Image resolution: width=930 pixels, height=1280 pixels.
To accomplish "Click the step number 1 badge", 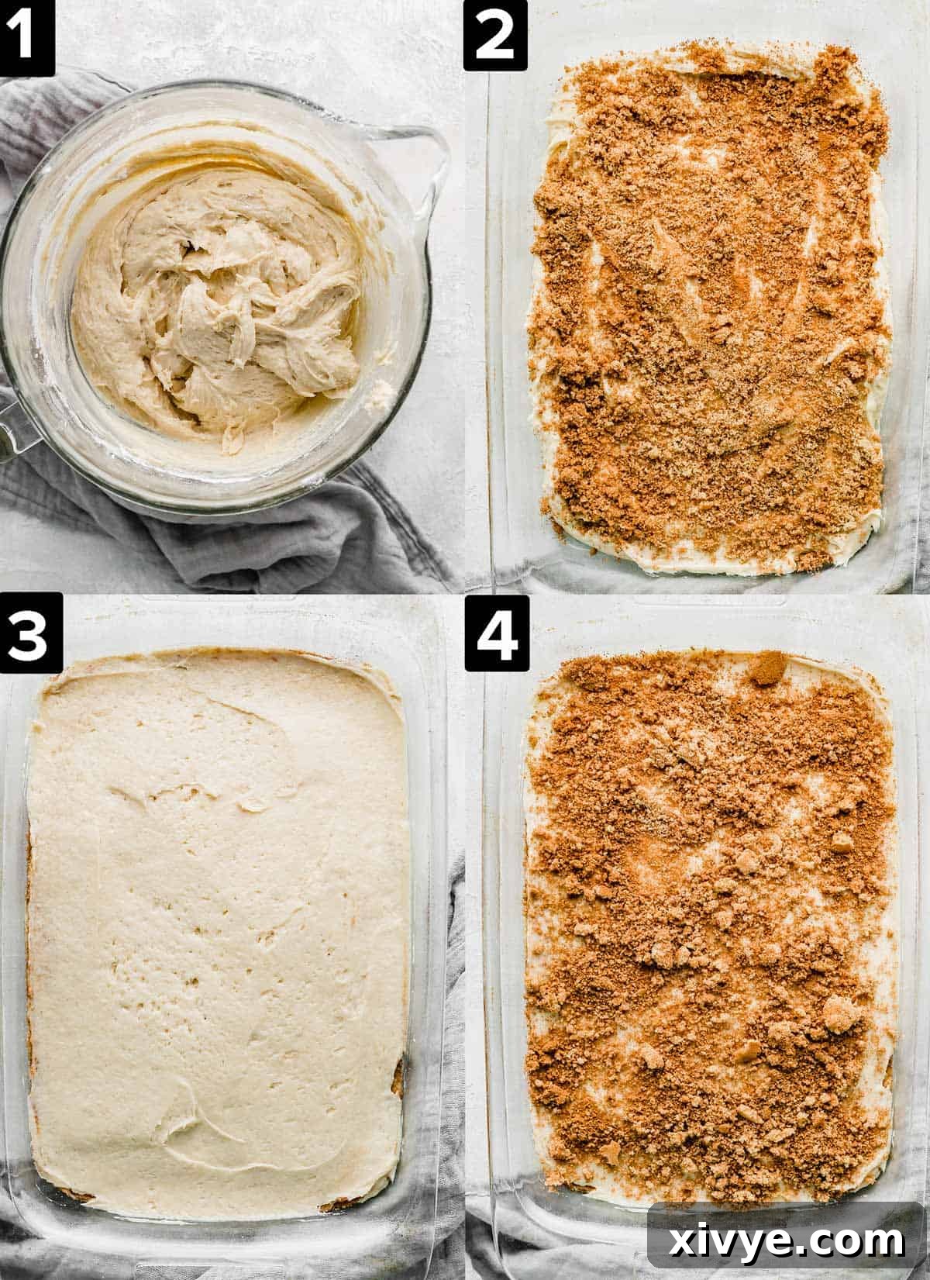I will click(x=26, y=34).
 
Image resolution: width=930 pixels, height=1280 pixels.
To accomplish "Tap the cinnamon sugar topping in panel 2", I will click(x=713, y=310).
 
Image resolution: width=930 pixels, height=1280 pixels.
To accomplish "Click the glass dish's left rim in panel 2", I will click(x=496, y=310).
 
